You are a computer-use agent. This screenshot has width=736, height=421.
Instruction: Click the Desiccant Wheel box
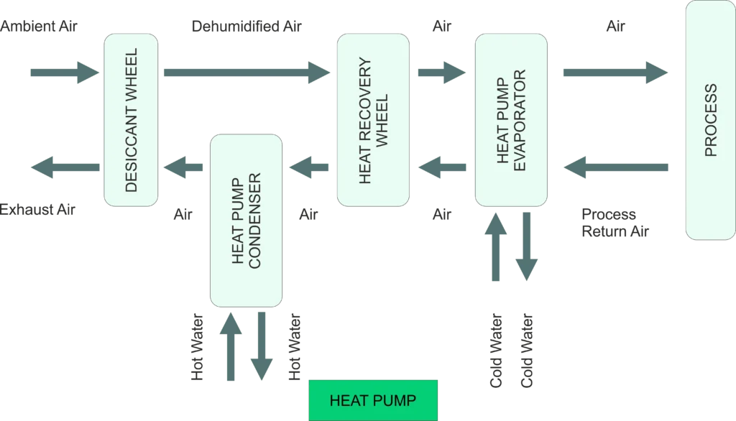pyautogui.click(x=131, y=120)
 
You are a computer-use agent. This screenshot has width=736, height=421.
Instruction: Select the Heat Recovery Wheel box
pyautogui.click(x=372, y=120)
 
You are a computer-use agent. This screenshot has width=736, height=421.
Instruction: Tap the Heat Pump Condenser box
pyautogui.click(x=246, y=221)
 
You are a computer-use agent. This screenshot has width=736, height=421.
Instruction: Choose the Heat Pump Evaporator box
pyautogui.click(x=510, y=120)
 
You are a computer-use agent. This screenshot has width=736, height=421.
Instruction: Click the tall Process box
pyautogui.click(x=710, y=120)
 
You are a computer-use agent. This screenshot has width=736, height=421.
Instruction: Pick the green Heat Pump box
pyautogui.click(x=372, y=400)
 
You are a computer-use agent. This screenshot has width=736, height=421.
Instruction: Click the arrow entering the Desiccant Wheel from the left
pyautogui.click(x=63, y=72)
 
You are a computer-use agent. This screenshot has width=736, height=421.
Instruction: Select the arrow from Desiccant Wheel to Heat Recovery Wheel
pyautogui.click(x=244, y=72)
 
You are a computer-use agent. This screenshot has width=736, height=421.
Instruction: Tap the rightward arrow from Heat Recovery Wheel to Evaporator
pyautogui.click(x=440, y=72)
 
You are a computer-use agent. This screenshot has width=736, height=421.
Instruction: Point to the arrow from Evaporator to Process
pyautogui.click(x=612, y=72)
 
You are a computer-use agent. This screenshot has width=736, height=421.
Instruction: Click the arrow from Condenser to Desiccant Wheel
pyautogui.click(x=184, y=168)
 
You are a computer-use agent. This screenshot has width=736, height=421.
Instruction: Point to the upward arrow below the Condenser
pyautogui.click(x=230, y=348)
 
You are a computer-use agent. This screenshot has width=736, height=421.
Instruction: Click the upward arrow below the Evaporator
pyautogui.click(x=495, y=244)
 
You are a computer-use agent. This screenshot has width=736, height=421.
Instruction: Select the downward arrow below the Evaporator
pyautogui.click(x=527, y=244)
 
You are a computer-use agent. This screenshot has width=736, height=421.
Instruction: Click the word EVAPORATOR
pyautogui.click(x=521, y=120)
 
